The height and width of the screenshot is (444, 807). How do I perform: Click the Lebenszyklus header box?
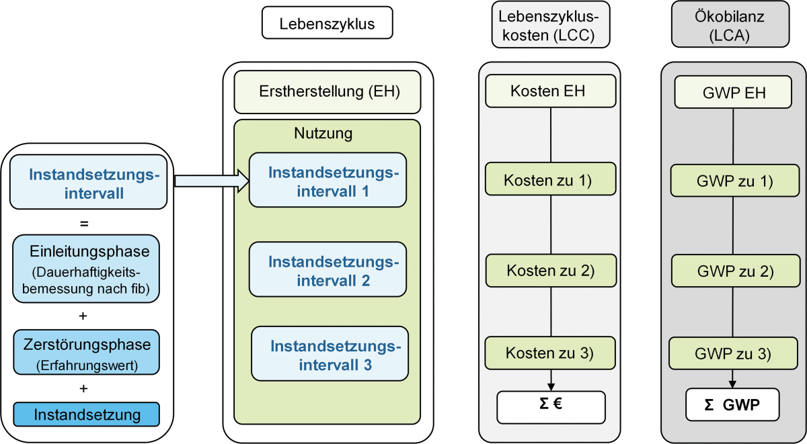pyautogui.click(x=327, y=23)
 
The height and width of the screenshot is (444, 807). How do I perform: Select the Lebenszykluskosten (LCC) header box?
pyautogui.click(x=551, y=24)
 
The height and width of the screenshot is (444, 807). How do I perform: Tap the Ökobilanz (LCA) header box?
pyautogui.click(x=730, y=24)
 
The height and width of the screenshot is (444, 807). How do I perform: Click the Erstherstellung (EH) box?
pyautogui.click(x=328, y=92)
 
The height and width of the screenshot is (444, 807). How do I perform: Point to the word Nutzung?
pyautogui.click(x=323, y=133)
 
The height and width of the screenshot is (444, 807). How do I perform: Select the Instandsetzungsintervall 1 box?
pyautogui.click(x=328, y=180)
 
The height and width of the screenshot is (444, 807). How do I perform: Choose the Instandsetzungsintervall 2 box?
pyautogui.click(x=328, y=269)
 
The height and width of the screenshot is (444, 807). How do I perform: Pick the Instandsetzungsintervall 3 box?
pyautogui.click(x=330, y=354)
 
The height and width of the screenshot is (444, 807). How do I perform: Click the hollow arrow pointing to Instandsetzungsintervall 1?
pyautogui.click(x=212, y=181)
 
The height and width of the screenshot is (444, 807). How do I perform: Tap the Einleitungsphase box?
pyautogui.click(x=86, y=269)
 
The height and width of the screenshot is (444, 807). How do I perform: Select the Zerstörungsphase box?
pyautogui.click(x=87, y=352)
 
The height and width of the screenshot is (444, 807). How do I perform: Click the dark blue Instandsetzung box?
pyautogui.click(x=87, y=414)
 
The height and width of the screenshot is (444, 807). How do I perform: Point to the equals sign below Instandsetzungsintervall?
pyautogui.click(x=84, y=224)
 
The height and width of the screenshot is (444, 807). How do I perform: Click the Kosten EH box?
pyautogui.click(x=551, y=91)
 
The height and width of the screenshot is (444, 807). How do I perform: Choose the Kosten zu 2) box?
pyautogui.click(x=551, y=271)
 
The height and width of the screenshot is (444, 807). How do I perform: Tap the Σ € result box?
pyautogui.click(x=551, y=407)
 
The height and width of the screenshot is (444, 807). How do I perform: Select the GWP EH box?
pyautogui.click(x=733, y=92)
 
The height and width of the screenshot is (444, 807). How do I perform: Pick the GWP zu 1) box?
pyautogui.click(x=735, y=181)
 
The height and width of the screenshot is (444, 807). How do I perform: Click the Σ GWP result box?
pyautogui.click(x=732, y=404)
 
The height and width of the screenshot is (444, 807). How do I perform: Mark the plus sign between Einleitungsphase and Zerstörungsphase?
pyautogui.click(x=83, y=316)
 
